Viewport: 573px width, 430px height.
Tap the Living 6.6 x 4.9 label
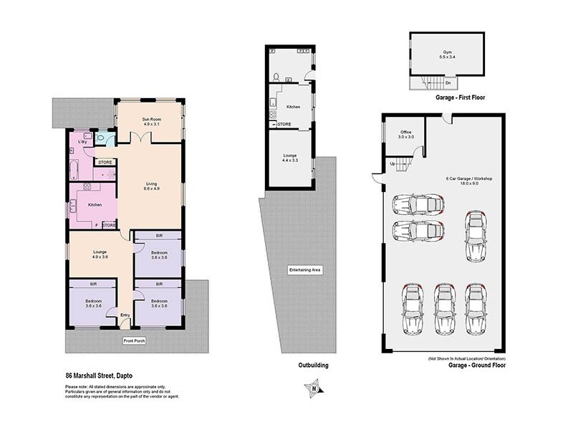(150, 186)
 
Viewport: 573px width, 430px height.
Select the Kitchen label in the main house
(95, 205)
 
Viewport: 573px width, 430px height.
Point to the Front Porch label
(134, 340)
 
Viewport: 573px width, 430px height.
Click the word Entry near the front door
(125, 315)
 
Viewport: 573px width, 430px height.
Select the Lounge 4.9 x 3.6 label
(100, 254)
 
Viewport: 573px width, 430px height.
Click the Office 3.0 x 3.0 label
(406, 134)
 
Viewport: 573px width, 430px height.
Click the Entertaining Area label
(303, 269)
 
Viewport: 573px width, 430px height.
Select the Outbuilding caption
(313, 365)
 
